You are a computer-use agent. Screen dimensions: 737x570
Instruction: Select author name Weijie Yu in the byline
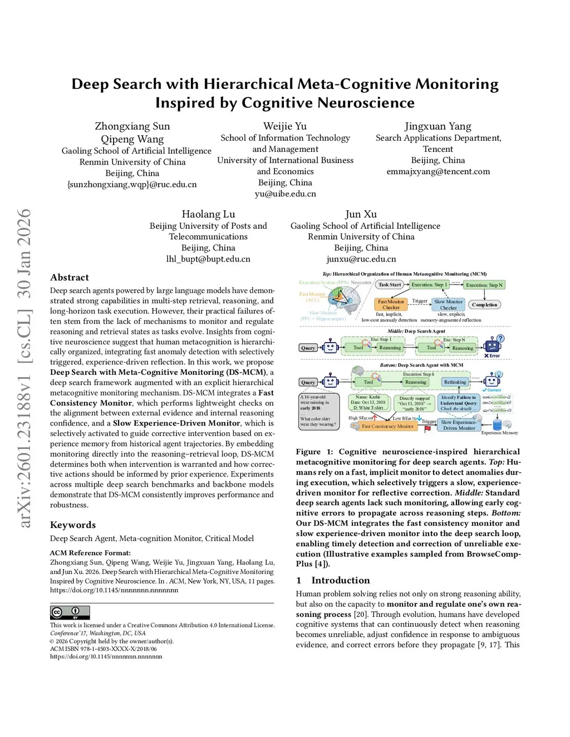285,126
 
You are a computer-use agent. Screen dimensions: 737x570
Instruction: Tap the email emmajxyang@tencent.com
438,171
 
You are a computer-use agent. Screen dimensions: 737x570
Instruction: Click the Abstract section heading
70,278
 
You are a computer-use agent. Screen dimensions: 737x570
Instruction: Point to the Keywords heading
73,525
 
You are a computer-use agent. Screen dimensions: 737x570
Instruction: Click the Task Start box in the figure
390,285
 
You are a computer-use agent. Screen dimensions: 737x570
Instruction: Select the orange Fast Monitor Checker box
391,304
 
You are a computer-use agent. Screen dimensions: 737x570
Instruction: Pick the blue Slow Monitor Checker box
448,304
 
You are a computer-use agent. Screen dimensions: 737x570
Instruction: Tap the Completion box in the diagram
484,305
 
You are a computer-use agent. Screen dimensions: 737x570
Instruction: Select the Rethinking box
455,382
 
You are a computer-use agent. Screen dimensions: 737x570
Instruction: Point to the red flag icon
427,429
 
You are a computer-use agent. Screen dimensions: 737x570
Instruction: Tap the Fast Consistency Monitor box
387,426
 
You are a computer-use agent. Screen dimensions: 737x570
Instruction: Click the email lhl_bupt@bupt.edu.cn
208,259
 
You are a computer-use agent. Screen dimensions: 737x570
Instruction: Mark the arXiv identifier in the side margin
24,367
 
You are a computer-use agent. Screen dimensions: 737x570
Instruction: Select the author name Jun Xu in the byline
361,214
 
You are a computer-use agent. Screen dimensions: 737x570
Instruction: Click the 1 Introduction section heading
333,580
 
